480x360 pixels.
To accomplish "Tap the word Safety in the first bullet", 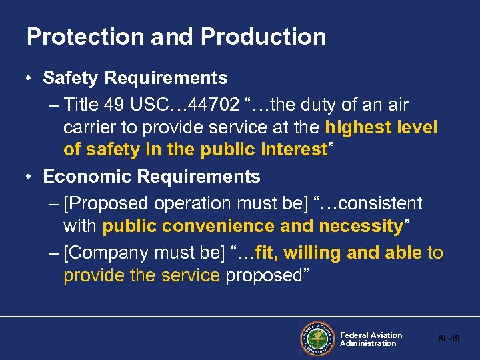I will (x=71, y=78).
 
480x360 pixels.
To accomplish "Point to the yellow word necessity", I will (x=361, y=226).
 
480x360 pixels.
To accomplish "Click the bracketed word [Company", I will (x=106, y=253).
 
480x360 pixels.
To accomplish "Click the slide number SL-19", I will (x=449, y=339).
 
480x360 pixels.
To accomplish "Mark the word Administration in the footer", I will (x=368, y=344).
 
